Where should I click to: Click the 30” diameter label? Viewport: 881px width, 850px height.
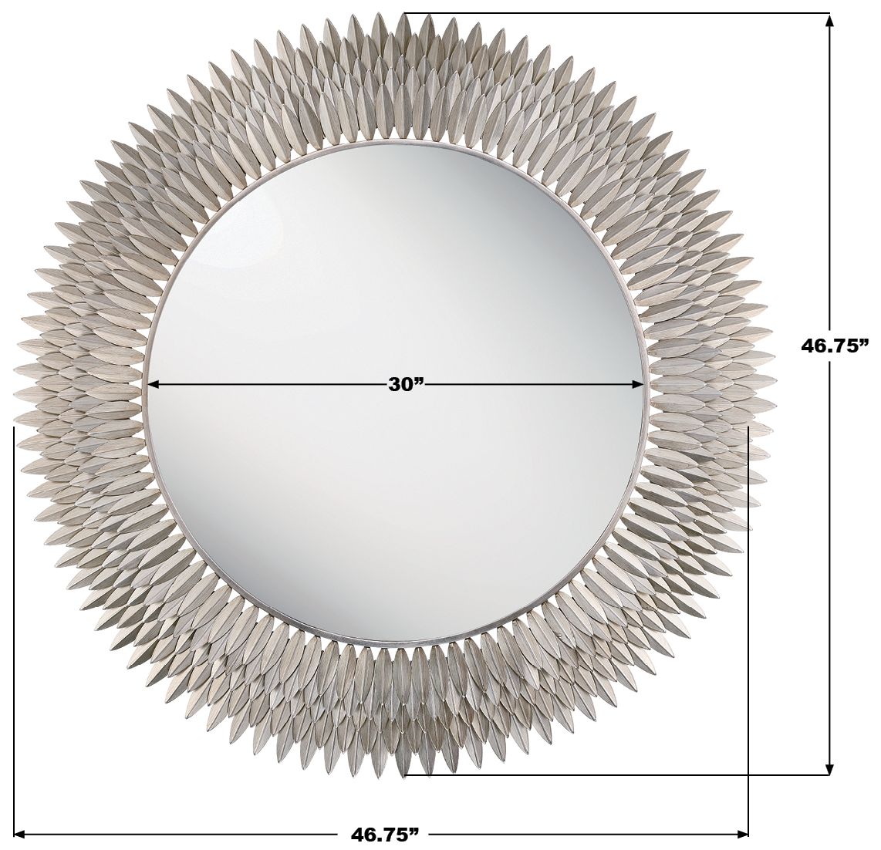click(405, 385)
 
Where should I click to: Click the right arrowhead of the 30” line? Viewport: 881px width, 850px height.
click(638, 385)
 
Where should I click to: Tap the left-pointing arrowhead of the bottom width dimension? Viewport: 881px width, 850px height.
click(21, 833)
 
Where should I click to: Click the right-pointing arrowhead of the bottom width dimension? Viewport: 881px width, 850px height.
click(741, 833)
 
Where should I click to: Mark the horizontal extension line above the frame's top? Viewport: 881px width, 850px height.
click(617, 13)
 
